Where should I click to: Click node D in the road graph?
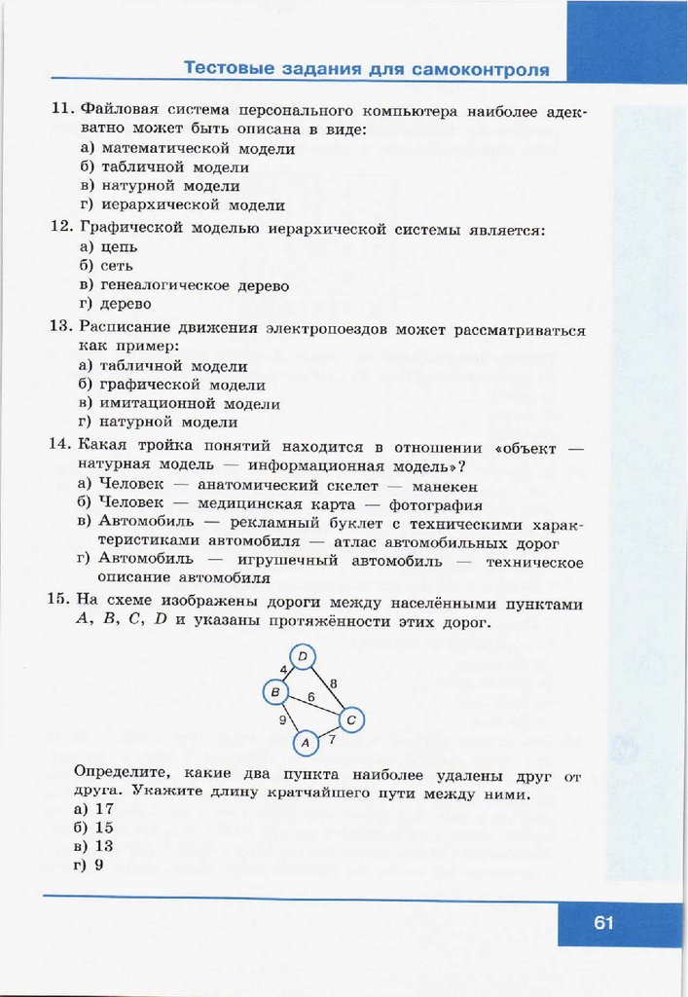pos(303,658)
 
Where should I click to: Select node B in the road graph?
pos(276,692)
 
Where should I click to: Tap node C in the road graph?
pos(351,720)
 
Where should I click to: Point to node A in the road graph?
pos(306,742)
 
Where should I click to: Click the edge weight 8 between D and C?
pos(333,683)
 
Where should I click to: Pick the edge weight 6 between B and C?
pos(311,697)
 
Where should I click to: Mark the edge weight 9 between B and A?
pos(283,720)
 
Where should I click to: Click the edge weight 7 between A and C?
pos(332,741)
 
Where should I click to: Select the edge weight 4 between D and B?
pos(283,670)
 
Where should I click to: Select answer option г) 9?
pos(89,865)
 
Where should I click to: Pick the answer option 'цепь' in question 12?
pos(119,247)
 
